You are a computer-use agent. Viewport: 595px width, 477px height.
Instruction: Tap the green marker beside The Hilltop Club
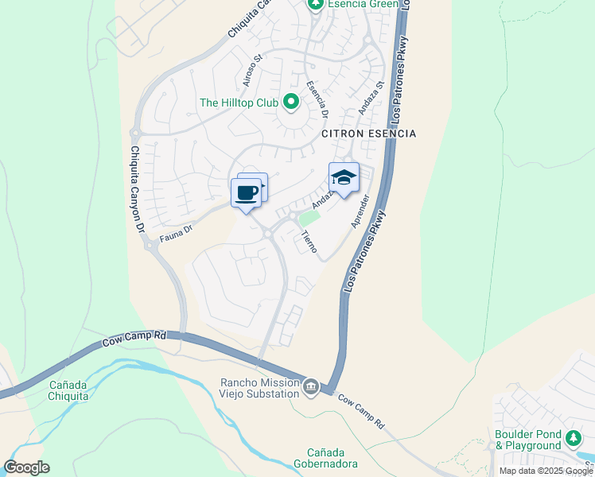pos(291,101)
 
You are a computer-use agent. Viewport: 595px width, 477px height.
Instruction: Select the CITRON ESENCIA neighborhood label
pos(368,134)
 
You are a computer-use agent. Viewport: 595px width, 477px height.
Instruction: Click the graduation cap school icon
pos(344,177)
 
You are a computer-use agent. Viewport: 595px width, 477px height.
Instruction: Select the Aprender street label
pos(360,211)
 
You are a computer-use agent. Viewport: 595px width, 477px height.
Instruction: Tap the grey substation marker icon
pos(311,387)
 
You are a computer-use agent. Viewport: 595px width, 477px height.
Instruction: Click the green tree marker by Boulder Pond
pos(573,438)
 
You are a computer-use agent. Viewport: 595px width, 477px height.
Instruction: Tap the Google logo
pos(26,467)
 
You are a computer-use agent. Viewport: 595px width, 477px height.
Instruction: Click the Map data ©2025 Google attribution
pos(546,471)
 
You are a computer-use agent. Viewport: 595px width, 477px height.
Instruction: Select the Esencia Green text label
pos(363,4)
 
